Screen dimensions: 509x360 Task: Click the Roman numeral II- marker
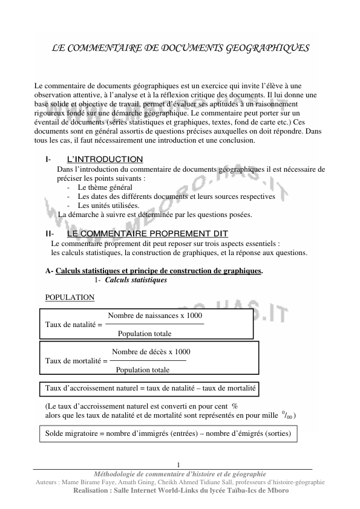(x=50, y=233)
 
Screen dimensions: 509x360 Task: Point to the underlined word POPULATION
(x=70, y=297)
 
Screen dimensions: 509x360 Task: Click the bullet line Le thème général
(x=105, y=187)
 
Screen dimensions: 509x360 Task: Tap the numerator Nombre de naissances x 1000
(x=155, y=316)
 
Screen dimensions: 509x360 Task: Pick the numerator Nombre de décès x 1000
(x=151, y=351)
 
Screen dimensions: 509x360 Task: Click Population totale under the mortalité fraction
(x=142, y=370)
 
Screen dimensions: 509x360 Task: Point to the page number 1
(x=179, y=464)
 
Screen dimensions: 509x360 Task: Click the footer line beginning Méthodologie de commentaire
(x=180, y=473)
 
